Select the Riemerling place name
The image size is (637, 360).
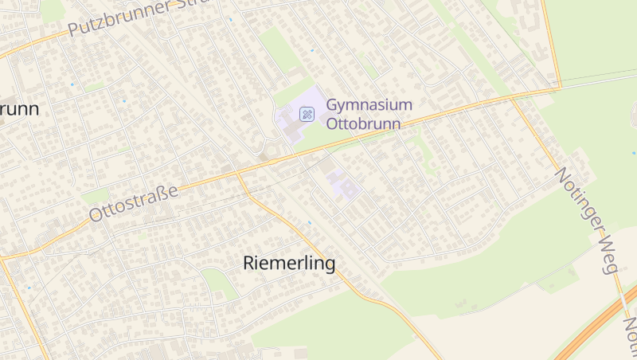coord(288,263)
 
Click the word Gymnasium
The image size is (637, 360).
coord(369,105)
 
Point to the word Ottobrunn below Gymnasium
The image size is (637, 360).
coord(363,124)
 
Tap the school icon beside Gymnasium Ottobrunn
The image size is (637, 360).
coord(307,114)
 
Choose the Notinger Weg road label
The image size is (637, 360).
coord(587,220)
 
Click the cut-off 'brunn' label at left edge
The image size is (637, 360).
coord(20,109)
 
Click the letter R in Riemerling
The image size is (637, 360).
coord(248,263)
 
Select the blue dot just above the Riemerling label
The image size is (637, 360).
coord(310,222)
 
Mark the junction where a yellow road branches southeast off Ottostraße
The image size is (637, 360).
coord(238,172)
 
